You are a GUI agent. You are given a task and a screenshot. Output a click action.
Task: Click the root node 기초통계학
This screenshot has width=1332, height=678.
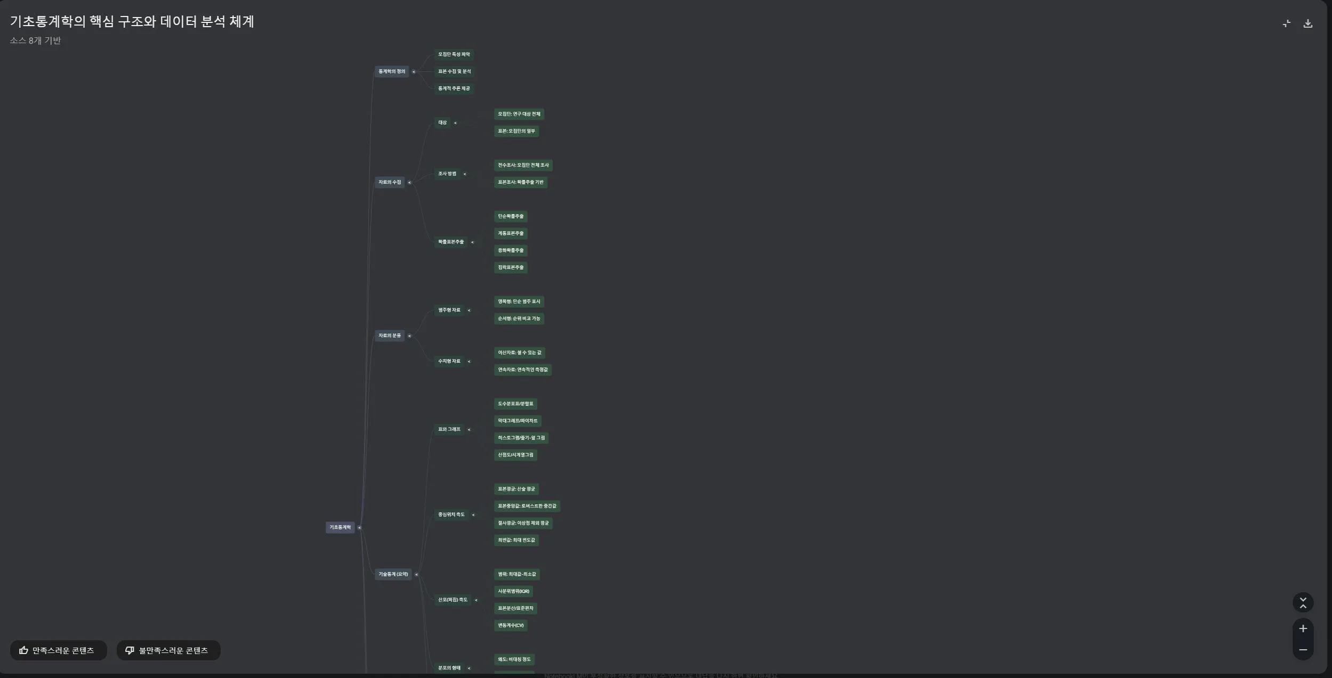coord(340,527)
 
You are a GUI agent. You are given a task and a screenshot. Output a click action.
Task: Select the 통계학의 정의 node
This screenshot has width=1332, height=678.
coord(392,71)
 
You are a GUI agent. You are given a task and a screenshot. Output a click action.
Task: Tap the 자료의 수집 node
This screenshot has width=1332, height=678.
coord(390,182)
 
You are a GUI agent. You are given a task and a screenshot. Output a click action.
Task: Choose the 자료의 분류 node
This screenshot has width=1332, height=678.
coord(390,336)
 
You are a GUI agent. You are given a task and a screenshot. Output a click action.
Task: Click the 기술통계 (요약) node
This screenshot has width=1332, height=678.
coord(393,574)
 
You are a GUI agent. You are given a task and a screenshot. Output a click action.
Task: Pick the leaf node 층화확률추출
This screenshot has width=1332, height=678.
coord(511,250)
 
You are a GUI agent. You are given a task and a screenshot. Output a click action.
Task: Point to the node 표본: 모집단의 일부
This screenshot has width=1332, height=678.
coord(516,131)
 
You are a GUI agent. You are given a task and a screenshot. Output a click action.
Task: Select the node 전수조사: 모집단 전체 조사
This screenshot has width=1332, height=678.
coord(523,165)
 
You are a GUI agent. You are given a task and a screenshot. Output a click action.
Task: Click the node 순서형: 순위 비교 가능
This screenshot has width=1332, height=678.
coord(519,318)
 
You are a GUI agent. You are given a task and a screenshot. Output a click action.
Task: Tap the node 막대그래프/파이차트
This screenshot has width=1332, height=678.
coord(518,421)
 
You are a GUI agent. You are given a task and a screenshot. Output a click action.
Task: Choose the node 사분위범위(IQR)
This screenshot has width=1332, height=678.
coord(513,591)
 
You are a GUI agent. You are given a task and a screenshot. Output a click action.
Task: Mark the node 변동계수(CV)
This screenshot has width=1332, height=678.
coord(511,625)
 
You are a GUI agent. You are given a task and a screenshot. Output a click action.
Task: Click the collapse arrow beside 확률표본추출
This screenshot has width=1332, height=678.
coord(472,242)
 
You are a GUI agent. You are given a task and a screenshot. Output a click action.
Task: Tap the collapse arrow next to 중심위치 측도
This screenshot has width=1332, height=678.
coord(473,515)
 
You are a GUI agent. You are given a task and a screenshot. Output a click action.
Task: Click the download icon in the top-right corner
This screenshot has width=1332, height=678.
coord(1307,23)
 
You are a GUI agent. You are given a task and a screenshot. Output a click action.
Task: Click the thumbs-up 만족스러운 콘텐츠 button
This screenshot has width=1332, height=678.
coord(58,650)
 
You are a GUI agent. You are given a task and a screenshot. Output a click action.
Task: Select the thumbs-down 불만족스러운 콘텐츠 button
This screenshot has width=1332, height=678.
coord(168,650)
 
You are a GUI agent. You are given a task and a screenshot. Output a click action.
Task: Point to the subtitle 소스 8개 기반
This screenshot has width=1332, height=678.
coord(35,40)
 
